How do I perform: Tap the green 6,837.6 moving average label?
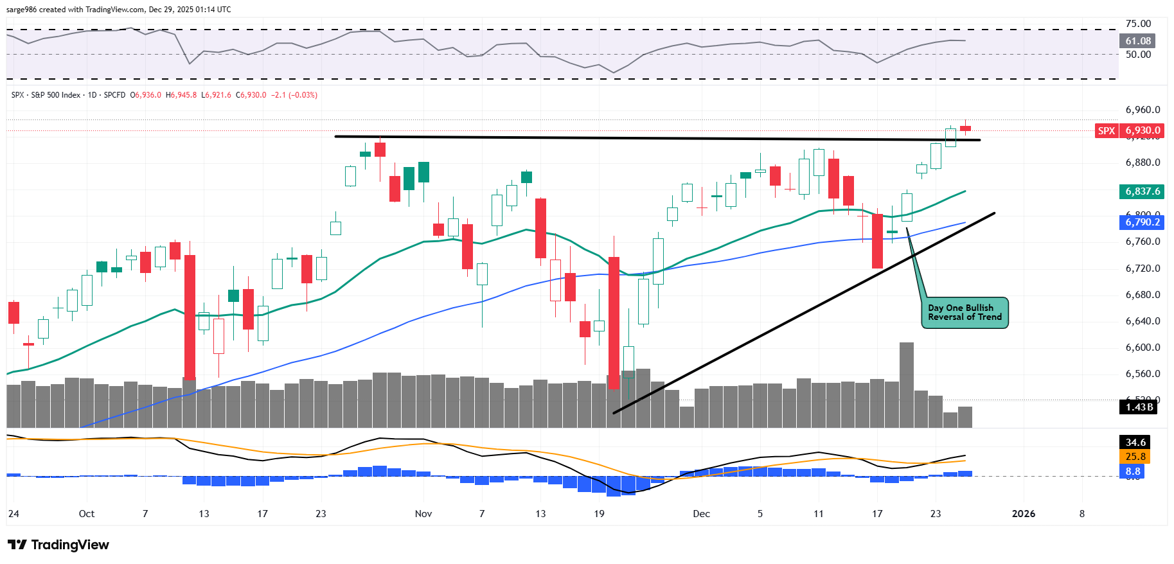point(1142,191)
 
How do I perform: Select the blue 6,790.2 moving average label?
point(1142,222)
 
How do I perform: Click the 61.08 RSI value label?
point(1138,41)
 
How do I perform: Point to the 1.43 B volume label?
point(1139,407)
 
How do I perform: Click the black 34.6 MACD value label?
point(1135,442)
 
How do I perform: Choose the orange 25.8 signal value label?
point(1135,457)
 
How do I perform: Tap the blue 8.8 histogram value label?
point(1133,471)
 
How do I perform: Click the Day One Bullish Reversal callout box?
point(965,313)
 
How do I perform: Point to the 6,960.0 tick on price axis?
point(1143,110)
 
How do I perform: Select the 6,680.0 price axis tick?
point(1143,295)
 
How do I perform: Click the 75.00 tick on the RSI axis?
point(1138,24)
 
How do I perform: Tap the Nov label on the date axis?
point(423,514)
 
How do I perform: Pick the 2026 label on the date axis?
point(1024,514)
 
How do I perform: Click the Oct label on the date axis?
point(87,514)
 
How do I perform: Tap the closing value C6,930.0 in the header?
point(251,95)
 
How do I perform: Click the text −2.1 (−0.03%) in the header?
point(294,95)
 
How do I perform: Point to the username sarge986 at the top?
point(21,10)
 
